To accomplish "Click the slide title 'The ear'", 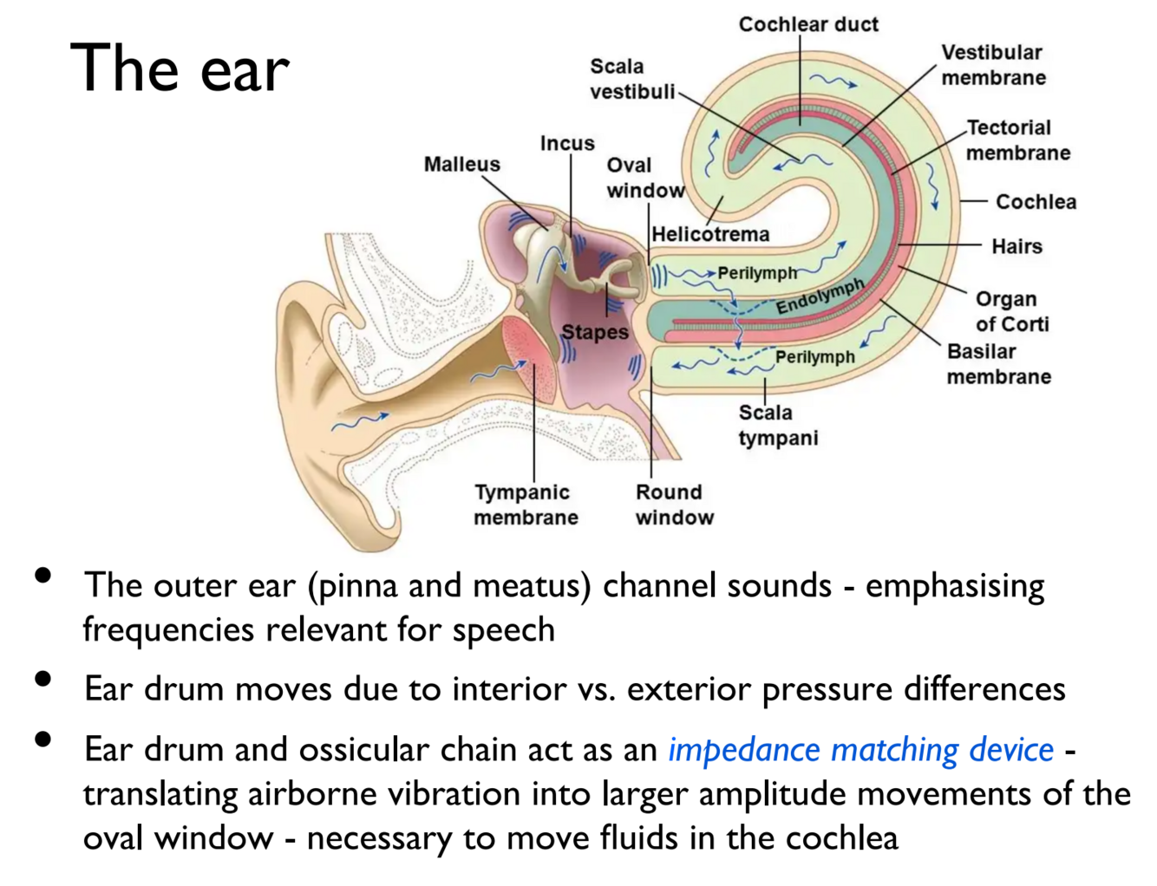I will [180, 68].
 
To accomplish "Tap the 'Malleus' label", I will [461, 164].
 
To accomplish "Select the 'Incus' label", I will [567, 143].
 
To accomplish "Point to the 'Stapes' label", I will [595, 332].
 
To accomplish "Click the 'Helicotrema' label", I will [710, 234].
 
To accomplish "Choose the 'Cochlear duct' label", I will [808, 24].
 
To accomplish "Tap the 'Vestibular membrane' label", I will [993, 65].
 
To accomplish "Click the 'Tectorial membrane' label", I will [1017, 140].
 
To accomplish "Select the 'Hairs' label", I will [1016, 246].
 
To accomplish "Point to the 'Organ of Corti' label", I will [1011, 311].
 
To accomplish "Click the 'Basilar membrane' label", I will [998, 364].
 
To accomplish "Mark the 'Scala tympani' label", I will [777, 425].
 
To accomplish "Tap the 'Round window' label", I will [674, 505].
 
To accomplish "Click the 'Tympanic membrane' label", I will [526, 505].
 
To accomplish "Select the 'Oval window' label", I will [644, 178].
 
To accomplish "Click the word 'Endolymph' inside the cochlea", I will [820, 296].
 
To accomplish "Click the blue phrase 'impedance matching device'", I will [860, 750].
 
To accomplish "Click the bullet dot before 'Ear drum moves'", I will [42, 679].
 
